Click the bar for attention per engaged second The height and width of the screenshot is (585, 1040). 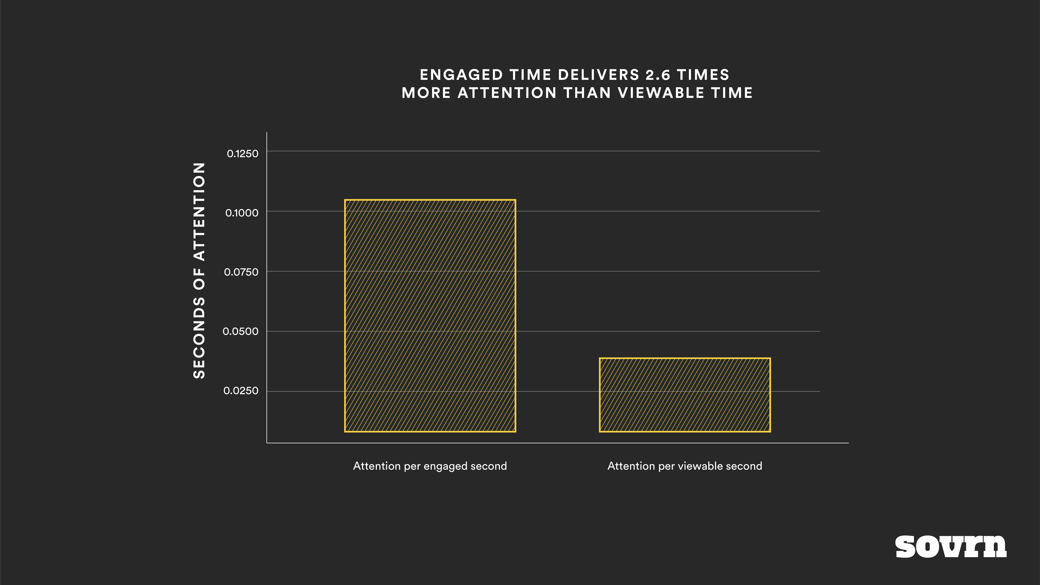pyautogui.click(x=430, y=316)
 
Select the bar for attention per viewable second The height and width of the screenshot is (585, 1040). pyautogui.click(x=685, y=395)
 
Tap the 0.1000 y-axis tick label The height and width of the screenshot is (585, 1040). pyautogui.click(x=241, y=213)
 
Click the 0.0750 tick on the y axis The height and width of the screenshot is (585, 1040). pyautogui.click(x=241, y=272)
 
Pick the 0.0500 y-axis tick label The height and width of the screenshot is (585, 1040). pyautogui.click(x=240, y=331)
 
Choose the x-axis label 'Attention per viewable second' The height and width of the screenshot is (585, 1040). pyautogui.click(x=685, y=466)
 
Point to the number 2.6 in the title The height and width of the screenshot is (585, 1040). pyautogui.click(x=658, y=75)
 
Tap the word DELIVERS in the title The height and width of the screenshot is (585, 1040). pyautogui.click(x=598, y=75)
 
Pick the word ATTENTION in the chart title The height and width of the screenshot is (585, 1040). pyautogui.click(x=507, y=93)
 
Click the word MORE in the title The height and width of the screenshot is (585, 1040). pyautogui.click(x=426, y=93)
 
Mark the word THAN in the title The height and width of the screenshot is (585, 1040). pyautogui.click(x=587, y=93)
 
